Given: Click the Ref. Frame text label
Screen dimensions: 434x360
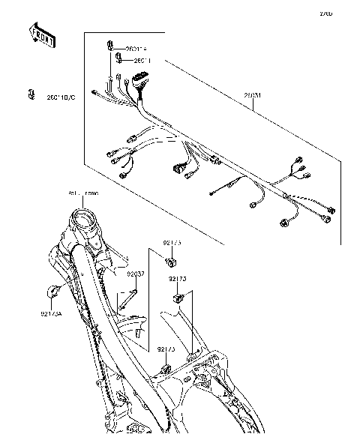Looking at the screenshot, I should [x=82, y=193].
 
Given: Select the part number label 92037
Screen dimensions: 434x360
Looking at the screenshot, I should [x=135, y=274].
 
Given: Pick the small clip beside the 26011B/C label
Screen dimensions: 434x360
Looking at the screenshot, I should [x=31, y=94].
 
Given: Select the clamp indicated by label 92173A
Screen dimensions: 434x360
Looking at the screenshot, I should [x=54, y=291].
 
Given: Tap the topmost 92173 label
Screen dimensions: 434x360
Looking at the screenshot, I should [x=172, y=244].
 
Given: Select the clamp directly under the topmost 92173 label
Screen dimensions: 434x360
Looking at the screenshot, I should [x=172, y=262].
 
